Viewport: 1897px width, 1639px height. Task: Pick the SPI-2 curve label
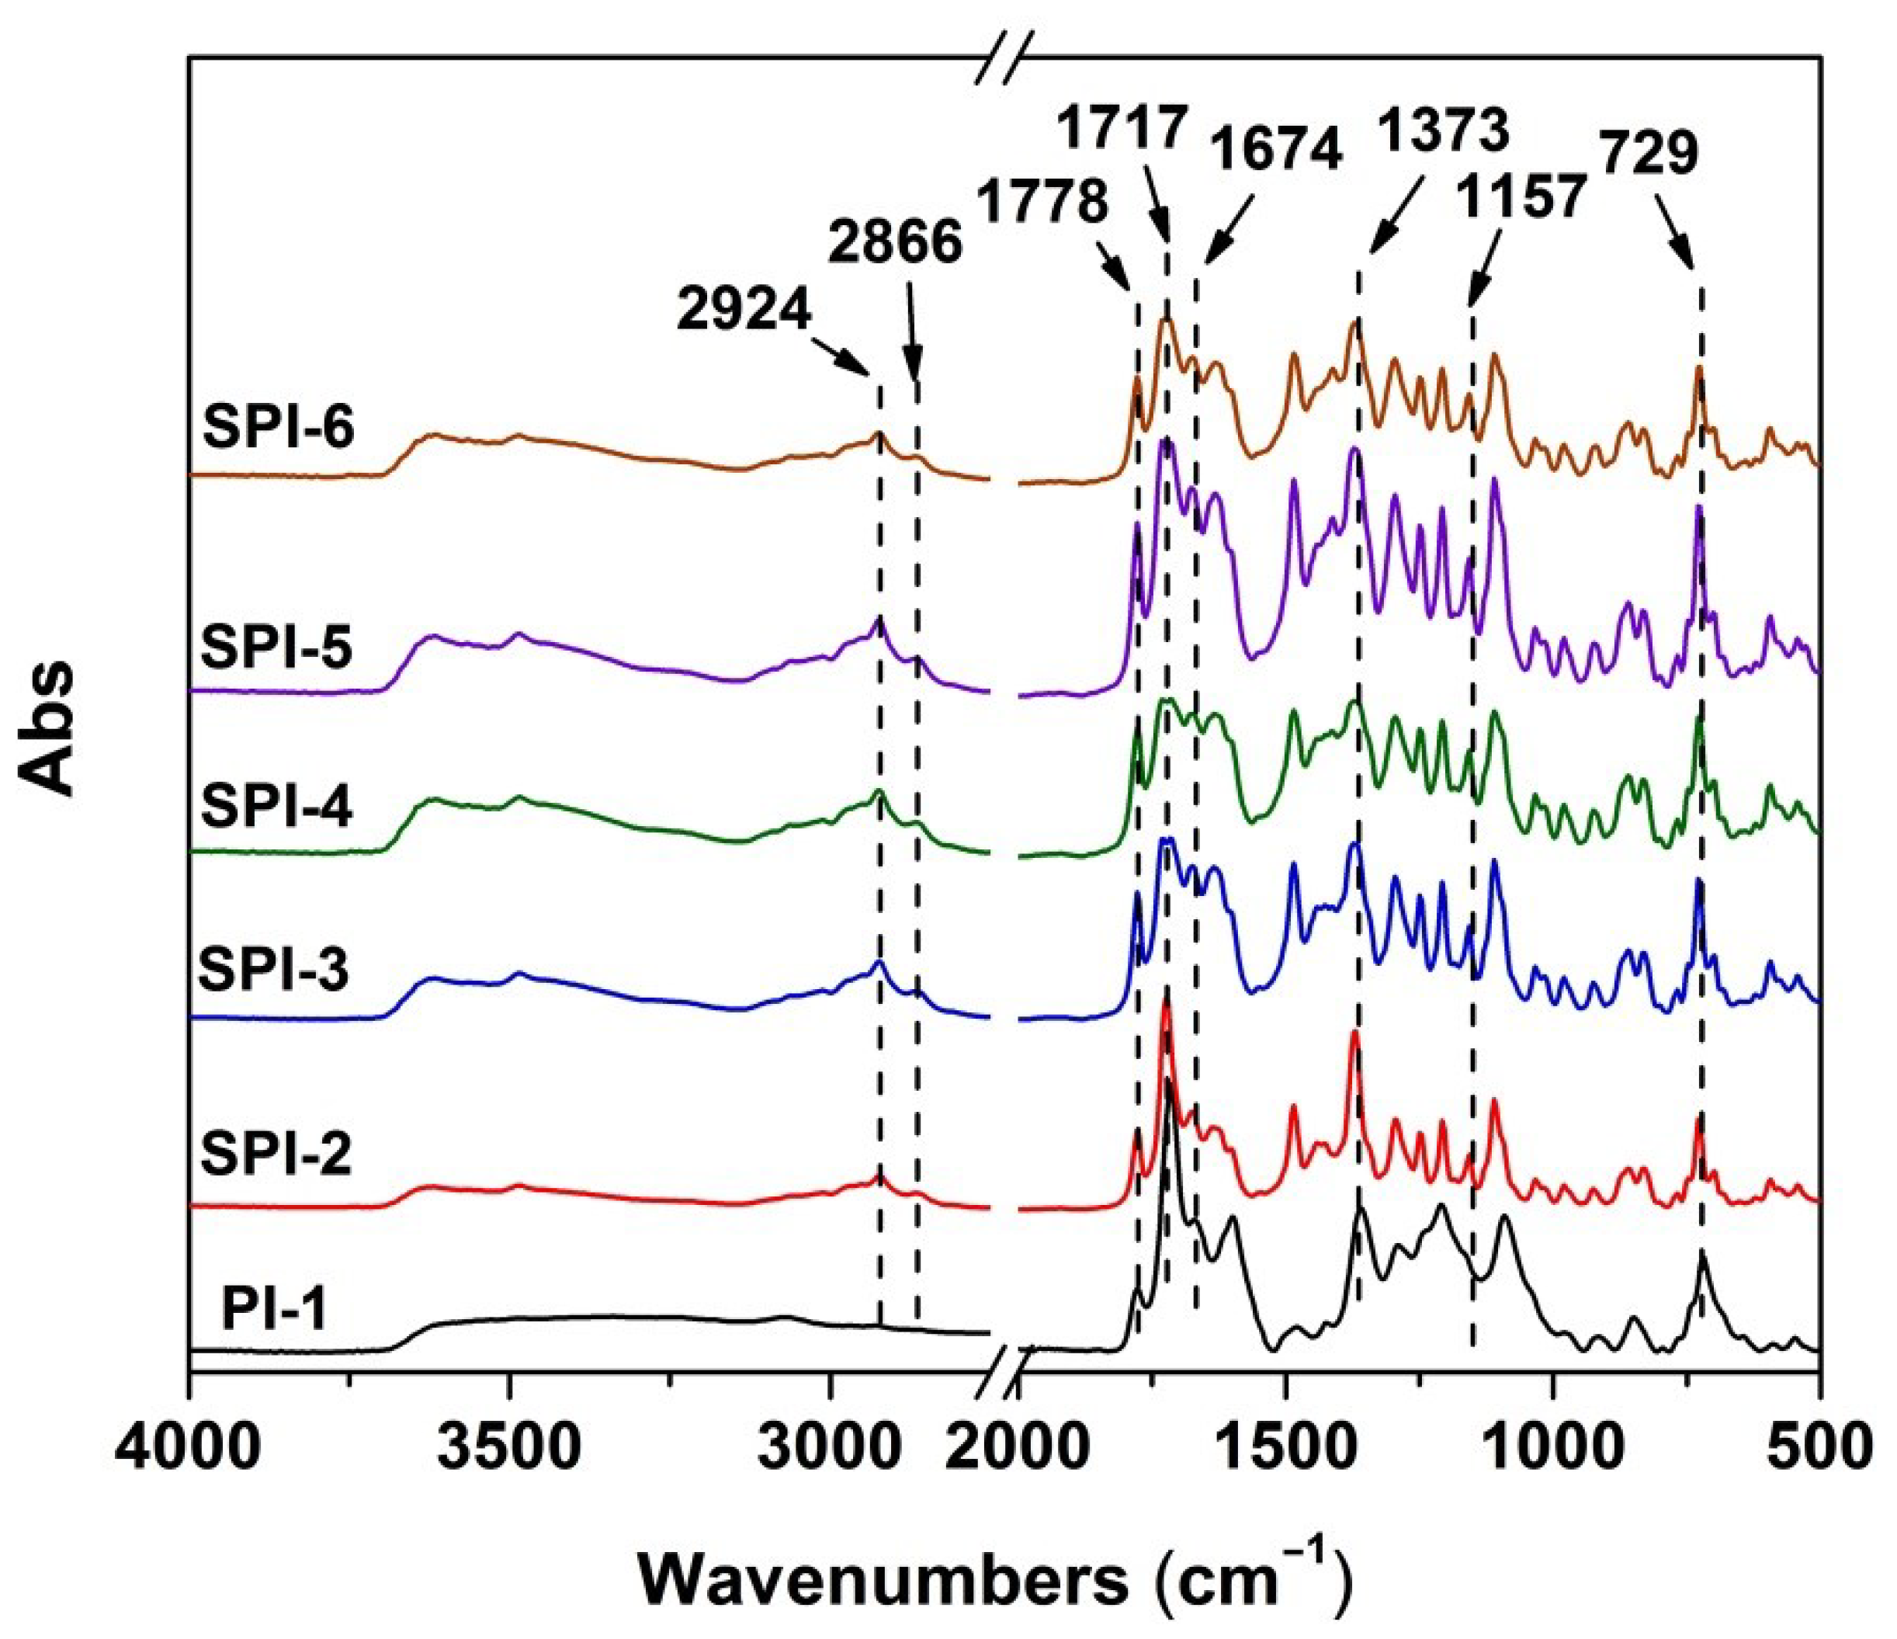[x=276, y=1154]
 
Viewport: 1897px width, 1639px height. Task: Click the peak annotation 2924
[x=744, y=311]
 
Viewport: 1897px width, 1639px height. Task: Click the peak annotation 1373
[x=1444, y=132]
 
